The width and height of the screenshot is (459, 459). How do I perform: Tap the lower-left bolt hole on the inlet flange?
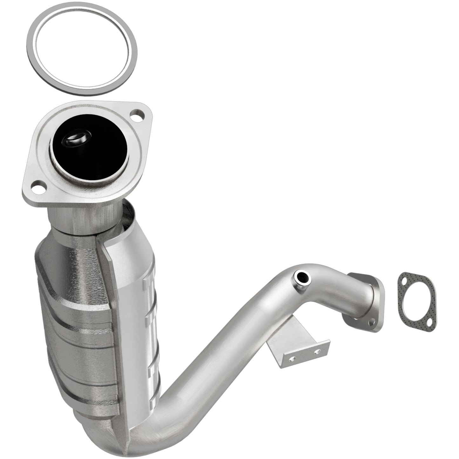tap(37, 187)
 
